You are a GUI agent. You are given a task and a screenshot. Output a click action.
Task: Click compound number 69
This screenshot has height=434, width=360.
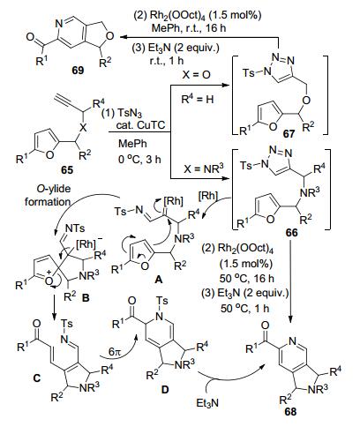[x=78, y=71]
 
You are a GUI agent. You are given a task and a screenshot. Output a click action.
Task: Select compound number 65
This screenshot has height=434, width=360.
[x=67, y=170]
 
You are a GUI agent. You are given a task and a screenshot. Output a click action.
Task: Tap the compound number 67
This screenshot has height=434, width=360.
[x=289, y=134]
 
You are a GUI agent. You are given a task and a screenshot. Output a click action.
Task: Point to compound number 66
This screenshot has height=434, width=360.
[x=291, y=233]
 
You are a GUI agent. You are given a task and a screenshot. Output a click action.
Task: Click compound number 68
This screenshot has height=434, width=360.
[x=290, y=412]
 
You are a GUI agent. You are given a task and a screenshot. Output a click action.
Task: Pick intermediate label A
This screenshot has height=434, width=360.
[x=159, y=280]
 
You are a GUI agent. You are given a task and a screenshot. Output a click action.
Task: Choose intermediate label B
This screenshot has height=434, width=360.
[x=86, y=298]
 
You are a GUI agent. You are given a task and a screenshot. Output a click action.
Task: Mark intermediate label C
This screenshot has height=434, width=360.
[x=37, y=378]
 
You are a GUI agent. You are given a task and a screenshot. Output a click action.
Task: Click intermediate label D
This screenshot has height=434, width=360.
[x=165, y=390]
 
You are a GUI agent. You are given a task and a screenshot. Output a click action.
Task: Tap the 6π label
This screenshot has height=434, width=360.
[x=115, y=352]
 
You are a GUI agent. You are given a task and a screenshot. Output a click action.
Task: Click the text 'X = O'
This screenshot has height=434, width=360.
[x=197, y=75]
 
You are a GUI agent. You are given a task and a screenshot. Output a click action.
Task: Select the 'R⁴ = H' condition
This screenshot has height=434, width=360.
[x=198, y=99]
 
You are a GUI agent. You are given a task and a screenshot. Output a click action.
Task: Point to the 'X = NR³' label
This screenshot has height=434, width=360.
[x=204, y=168]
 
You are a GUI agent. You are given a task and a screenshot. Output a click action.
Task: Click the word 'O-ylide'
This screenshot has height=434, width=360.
[x=54, y=189]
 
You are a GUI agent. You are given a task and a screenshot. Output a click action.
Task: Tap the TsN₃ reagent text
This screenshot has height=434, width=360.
[x=129, y=113]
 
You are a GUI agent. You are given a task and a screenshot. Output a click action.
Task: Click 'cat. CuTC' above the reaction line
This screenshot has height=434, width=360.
[x=140, y=125]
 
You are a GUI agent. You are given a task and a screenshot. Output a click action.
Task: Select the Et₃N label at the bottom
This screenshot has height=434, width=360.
[x=207, y=403]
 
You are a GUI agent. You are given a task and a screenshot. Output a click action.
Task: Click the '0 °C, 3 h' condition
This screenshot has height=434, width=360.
[x=139, y=159]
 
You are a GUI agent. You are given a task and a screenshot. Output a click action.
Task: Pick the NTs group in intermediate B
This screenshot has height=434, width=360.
[x=75, y=228]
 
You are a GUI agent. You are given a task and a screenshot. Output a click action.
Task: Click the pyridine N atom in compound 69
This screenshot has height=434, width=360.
[x=59, y=24]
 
